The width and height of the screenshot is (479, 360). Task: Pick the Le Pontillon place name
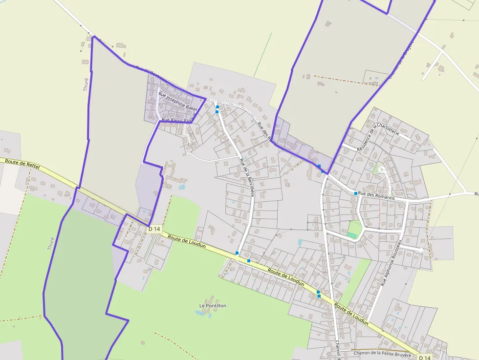pos(213,306)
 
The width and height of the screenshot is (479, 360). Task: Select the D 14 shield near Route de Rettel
pos(154,229)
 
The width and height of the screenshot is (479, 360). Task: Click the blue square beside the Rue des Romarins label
pos(356,193)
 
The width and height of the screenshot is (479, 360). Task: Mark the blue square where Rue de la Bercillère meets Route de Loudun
pos(237,253)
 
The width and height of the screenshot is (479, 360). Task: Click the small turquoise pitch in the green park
pos(352,235)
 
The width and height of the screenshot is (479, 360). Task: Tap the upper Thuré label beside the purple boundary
pos(86,85)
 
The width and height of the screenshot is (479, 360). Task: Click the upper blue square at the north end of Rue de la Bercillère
pos(218,107)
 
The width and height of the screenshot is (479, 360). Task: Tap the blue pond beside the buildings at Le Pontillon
pos(210,316)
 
